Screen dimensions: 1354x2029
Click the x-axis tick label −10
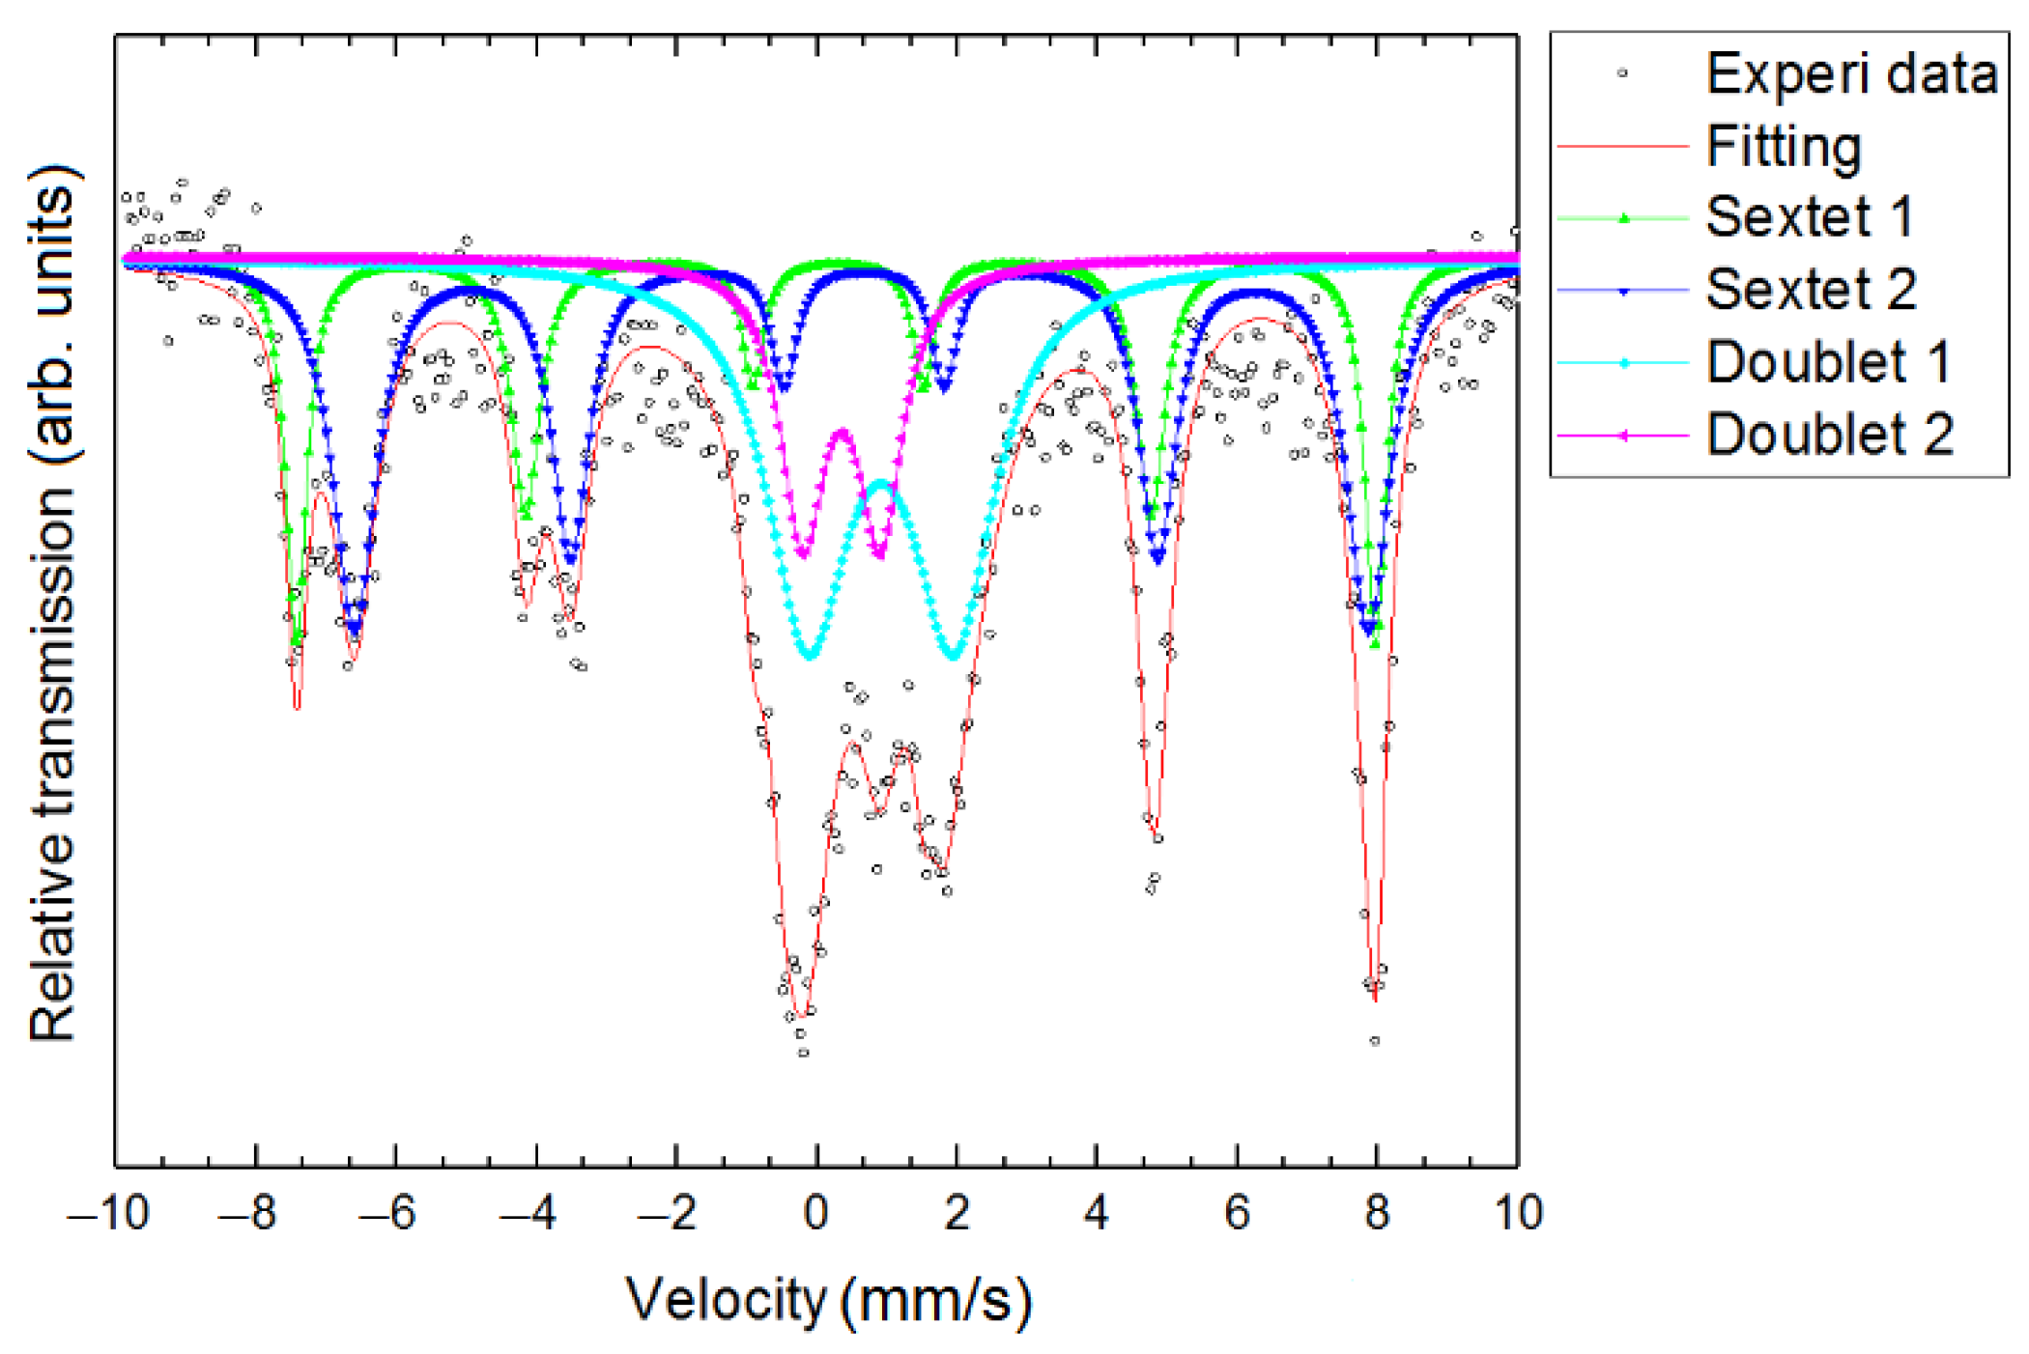(109, 1213)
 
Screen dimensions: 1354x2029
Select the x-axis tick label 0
(815, 1213)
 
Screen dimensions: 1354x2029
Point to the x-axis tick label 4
(1096, 1213)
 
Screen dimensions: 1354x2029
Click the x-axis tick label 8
(1377, 1213)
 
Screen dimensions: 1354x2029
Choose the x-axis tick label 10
(1518, 1213)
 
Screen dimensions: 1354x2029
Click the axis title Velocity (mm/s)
(829, 1300)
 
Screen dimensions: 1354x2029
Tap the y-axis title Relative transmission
(53, 604)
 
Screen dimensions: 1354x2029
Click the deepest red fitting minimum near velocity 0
(801, 1016)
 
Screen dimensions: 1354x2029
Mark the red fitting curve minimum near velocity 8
(1375, 1000)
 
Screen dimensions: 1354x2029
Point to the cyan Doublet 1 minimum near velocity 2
(955, 658)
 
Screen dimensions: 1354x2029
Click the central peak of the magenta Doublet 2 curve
(843, 432)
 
